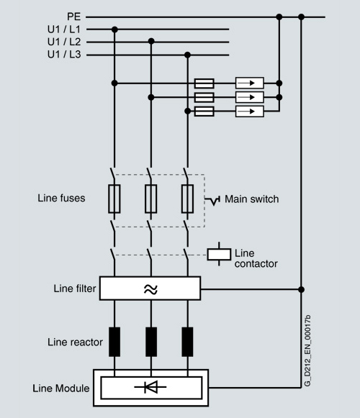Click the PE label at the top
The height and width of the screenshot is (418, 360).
tap(73, 17)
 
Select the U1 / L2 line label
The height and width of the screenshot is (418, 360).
tap(64, 42)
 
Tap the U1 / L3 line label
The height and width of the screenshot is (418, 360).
tap(64, 55)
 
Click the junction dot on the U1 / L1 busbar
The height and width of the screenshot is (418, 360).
tap(114, 29)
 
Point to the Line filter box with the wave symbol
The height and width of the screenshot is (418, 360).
tap(150, 288)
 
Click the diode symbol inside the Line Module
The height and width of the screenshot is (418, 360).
tap(150, 387)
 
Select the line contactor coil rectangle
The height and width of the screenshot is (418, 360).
tap(219, 254)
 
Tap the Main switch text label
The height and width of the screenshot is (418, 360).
tap(252, 199)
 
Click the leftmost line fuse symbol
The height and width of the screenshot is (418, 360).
tap(114, 199)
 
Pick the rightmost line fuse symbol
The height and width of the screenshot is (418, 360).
tap(187, 199)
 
